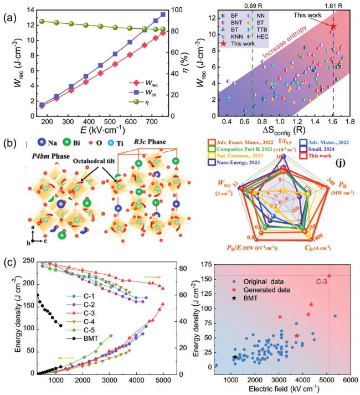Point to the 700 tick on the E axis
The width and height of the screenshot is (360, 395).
pyautogui.click(x=152, y=122)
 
